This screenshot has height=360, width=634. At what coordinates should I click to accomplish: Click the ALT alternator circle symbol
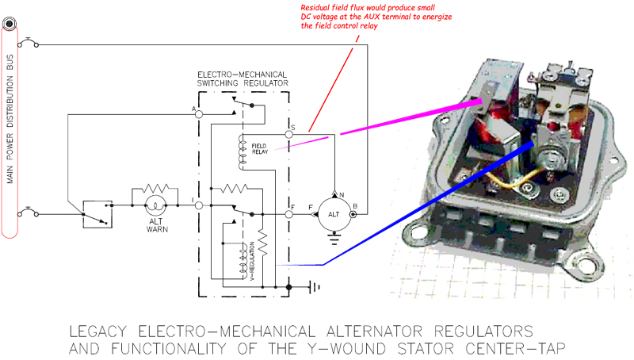[334, 214]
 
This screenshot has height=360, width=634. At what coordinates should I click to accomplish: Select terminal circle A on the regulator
[199, 114]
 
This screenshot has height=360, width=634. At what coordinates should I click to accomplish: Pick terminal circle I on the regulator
[199, 205]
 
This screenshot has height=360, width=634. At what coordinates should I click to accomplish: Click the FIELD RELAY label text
[261, 148]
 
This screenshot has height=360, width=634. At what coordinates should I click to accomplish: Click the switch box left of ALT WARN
[97, 213]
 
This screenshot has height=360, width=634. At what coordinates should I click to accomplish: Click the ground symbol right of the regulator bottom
[316, 286]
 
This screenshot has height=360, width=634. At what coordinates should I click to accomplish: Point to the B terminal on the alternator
[353, 214]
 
